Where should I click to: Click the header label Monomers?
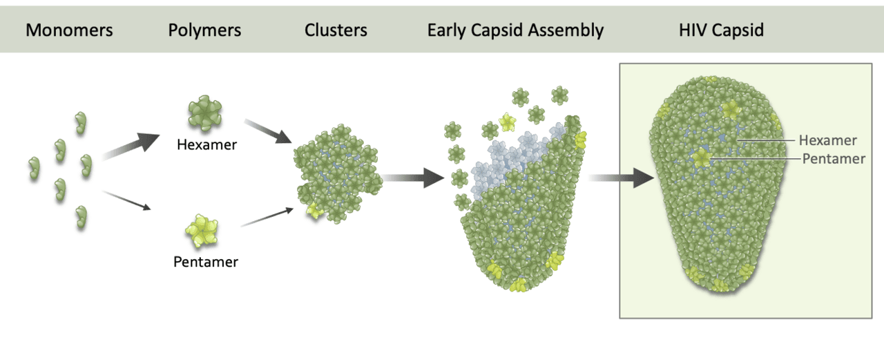click(x=69, y=31)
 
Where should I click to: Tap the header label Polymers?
click(x=204, y=31)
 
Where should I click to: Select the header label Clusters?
click(x=336, y=31)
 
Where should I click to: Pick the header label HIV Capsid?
click(x=722, y=31)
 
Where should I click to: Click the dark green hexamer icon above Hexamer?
click(x=205, y=115)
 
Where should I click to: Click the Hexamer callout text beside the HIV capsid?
click(x=827, y=141)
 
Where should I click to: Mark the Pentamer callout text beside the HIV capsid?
click(x=834, y=159)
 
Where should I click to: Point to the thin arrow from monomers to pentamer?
click(x=127, y=200)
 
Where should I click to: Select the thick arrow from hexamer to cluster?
click(x=269, y=131)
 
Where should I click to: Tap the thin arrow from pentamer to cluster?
click(x=267, y=216)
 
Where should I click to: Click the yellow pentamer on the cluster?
click(x=315, y=209)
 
